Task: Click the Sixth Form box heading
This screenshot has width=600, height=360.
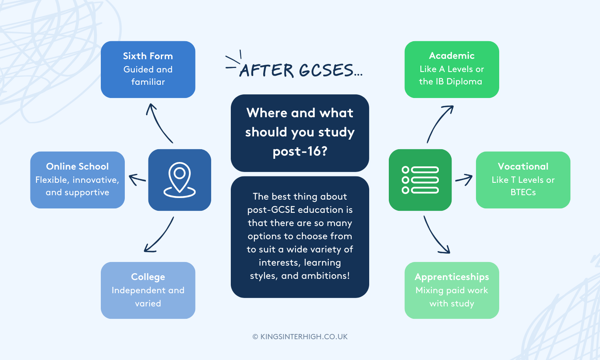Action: click(148, 56)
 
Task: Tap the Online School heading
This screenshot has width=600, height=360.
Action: click(77, 166)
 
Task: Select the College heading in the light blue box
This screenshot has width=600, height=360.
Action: click(148, 277)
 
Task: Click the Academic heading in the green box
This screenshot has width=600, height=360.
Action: click(452, 56)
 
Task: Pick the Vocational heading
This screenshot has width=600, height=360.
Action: click(523, 166)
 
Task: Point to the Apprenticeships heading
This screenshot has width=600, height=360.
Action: click(452, 277)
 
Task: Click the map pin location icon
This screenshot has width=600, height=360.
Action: click(180, 180)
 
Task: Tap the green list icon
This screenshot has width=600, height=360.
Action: click(420, 180)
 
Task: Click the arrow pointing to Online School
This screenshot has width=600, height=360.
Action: click(137, 180)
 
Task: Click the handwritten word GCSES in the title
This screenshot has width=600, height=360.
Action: click(326, 71)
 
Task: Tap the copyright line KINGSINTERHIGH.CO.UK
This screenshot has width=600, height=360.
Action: click(300, 337)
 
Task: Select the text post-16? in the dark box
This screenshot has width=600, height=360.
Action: click(300, 152)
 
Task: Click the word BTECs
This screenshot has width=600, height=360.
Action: click(523, 192)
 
